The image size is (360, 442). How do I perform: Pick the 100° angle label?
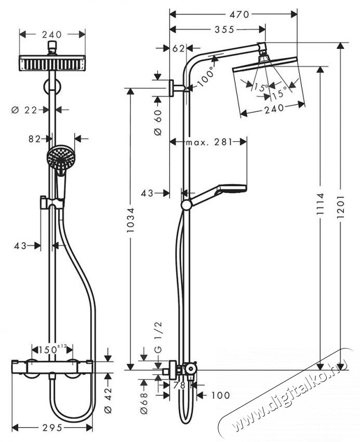[206, 76]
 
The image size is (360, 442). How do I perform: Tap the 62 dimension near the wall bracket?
[178, 49]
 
